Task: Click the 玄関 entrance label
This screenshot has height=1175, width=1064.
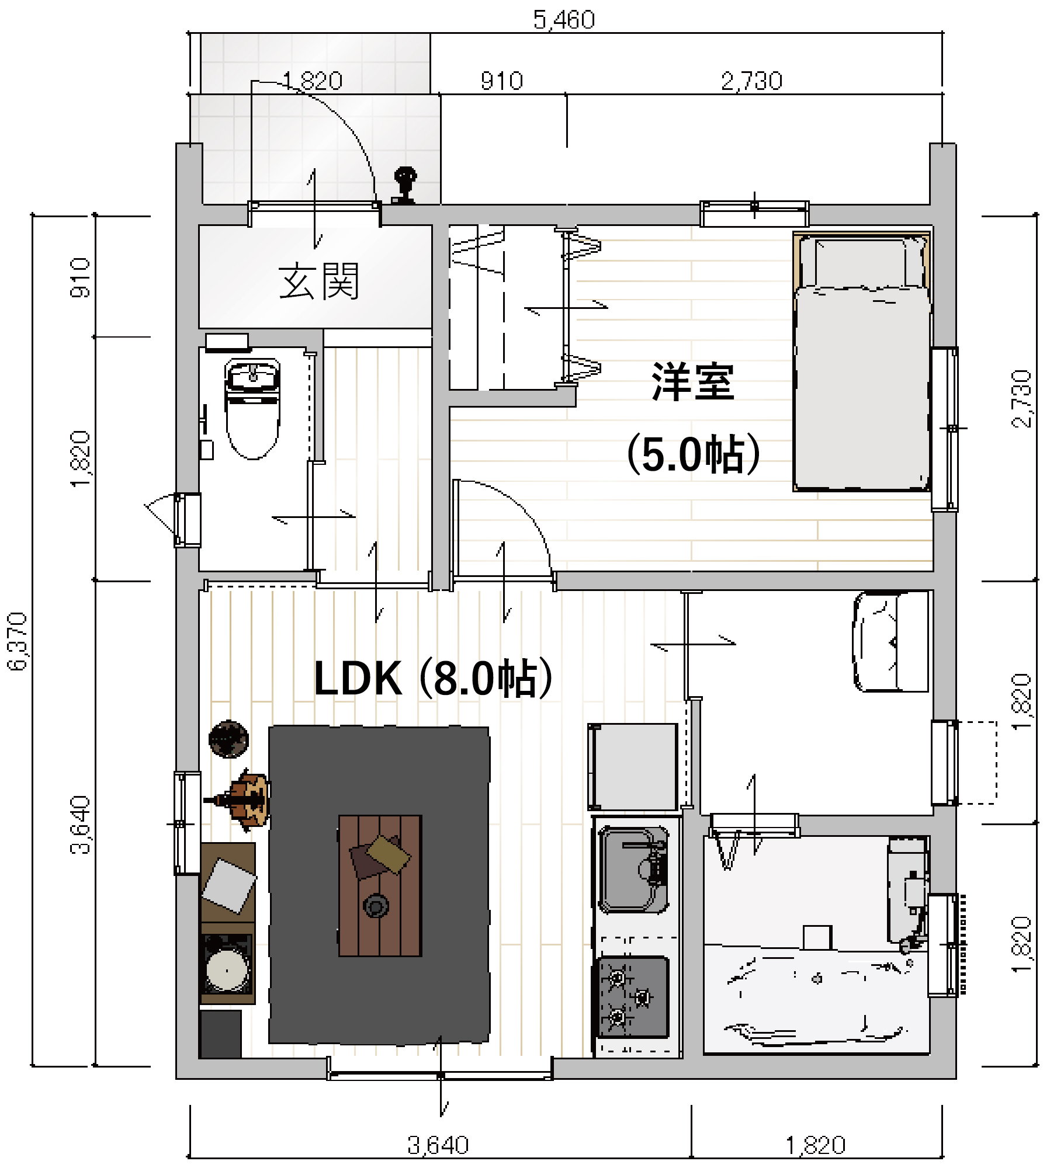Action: pos(319,281)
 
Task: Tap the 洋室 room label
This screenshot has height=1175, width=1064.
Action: pos(693,382)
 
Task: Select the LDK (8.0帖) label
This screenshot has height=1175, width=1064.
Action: pos(433,678)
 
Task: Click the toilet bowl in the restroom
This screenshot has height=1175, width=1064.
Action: pos(252,409)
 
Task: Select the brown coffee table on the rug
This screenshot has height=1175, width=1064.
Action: pos(380,885)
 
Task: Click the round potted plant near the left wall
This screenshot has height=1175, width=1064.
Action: pos(228,739)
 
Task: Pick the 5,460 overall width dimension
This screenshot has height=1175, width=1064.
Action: pos(564,20)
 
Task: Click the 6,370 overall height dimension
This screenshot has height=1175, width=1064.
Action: pos(18,641)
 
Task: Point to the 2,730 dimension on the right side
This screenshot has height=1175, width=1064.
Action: pos(1022,399)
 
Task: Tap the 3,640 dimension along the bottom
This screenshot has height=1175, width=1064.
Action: pos(438,1145)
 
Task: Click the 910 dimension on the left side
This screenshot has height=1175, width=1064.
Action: pos(80,278)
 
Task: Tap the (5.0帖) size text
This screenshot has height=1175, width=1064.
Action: pos(693,454)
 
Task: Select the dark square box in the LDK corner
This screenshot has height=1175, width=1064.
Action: pos(220,1034)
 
